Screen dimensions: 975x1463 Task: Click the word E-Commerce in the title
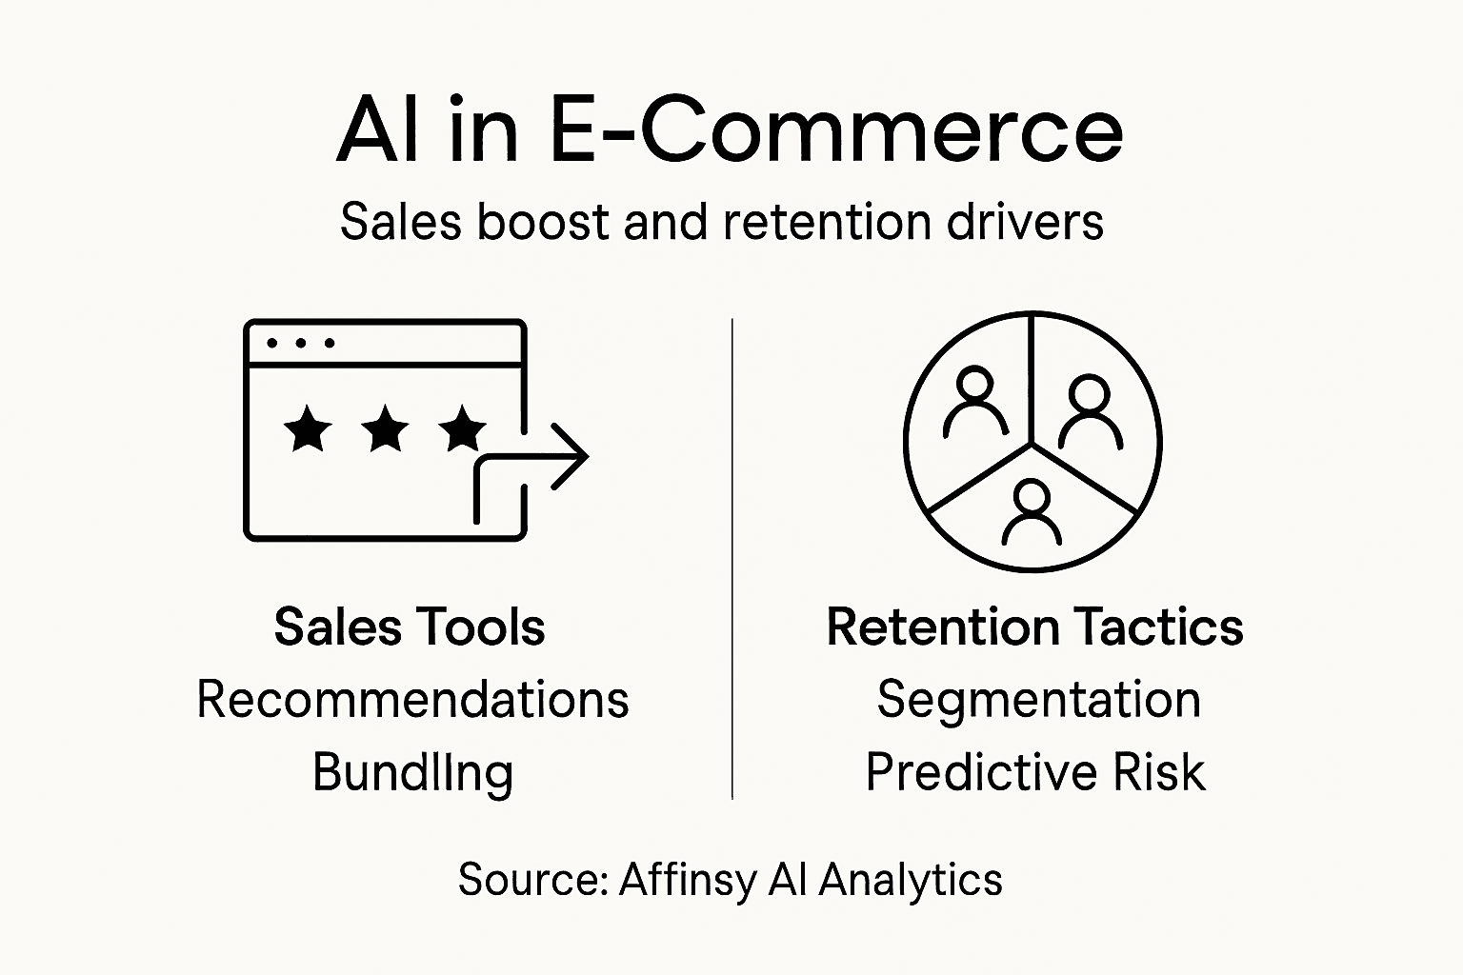tap(835, 130)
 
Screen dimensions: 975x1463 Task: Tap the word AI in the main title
tap(377, 130)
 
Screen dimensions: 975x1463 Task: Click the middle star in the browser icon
tap(385, 428)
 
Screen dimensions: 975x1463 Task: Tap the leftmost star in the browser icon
tap(308, 428)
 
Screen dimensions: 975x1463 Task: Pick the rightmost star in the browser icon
tap(463, 428)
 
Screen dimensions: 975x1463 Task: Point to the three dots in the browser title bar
tap(300, 343)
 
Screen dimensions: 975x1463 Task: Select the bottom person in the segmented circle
tap(1032, 510)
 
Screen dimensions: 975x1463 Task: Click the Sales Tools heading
tap(409, 627)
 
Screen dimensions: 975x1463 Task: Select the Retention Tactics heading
tap(1034, 627)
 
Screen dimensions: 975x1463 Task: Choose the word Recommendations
tap(412, 700)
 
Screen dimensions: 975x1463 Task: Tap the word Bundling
tap(412, 772)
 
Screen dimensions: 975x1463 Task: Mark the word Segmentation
tap(1038, 700)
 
